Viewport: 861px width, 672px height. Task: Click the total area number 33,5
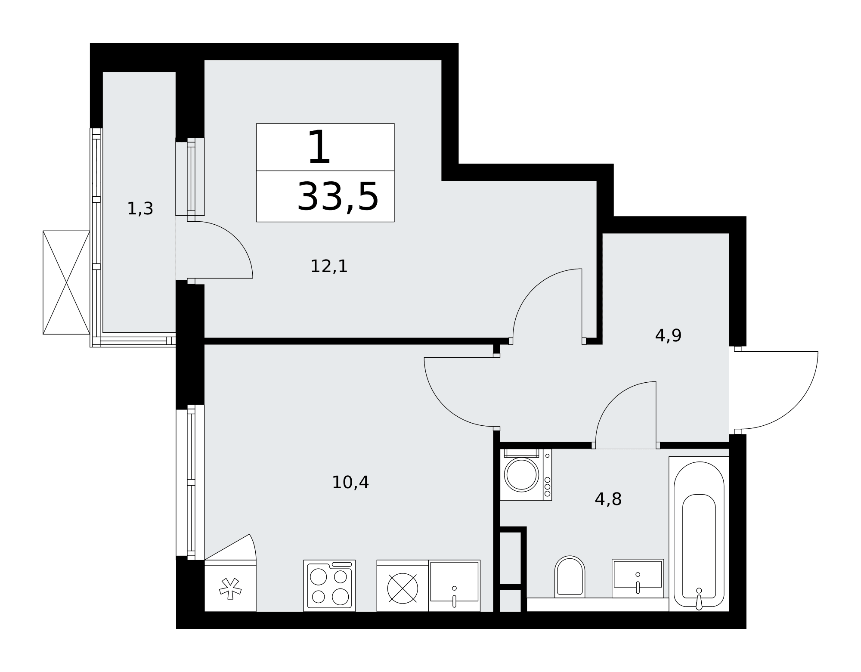(338, 197)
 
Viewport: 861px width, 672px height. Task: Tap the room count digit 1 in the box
(319, 147)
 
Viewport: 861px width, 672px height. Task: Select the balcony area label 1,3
(140, 209)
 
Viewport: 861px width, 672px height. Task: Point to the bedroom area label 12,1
(329, 266)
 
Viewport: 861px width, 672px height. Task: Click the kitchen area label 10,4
(350, 483)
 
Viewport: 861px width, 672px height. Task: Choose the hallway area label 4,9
(668, 336)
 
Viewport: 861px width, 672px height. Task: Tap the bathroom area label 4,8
(608, 499)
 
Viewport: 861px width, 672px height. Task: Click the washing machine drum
(522, 474)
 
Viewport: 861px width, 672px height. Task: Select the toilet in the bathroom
(570, 577)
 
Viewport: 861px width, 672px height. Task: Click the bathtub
(699, 534)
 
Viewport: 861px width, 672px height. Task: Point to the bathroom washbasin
(638, 579)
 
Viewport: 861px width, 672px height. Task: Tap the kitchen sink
(454, 585)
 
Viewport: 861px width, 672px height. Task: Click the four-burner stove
(329, 585)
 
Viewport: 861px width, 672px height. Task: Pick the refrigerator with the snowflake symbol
(230, 585)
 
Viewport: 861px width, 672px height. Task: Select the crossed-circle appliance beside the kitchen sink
(403, 588)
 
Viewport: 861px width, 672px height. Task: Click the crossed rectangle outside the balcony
(66, 282)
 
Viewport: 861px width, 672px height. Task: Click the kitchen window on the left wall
(190, 482)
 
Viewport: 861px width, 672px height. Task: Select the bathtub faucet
(699, 599)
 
